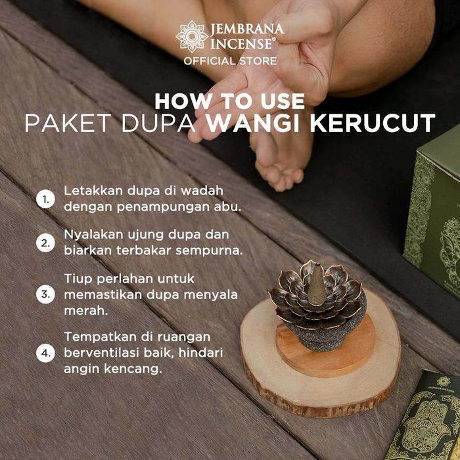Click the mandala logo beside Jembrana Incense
[x=192, y=37]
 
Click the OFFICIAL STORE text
[x=230, y=61]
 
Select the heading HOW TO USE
[x=230, y=101]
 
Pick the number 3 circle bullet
[x=45, y=294]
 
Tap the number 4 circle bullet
[x=45, y=353]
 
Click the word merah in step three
[x=82, y=308]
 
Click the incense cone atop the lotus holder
[x=316, y=283]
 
